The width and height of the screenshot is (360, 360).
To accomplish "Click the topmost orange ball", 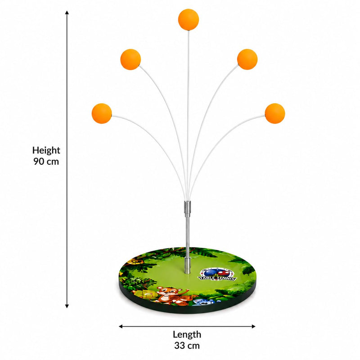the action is (189, 19).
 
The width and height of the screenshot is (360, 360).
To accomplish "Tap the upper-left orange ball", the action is (130, 59).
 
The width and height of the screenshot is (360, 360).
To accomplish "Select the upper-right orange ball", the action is (247, 59).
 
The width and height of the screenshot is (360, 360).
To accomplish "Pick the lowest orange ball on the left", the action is (102, 113).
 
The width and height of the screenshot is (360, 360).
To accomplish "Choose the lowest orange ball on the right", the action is (275, 113).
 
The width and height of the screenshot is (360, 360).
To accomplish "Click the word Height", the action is (46, 150).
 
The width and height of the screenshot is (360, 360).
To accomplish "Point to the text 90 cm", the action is (46, 162).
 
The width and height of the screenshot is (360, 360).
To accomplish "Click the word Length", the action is (187, 335).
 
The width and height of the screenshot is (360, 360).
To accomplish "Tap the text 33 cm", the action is (187, 346).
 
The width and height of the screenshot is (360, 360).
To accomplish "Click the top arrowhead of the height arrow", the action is (67, 13).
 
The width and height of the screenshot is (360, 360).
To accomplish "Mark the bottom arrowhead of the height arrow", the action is (67, 306).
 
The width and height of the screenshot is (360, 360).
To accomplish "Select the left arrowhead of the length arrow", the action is (121, 326).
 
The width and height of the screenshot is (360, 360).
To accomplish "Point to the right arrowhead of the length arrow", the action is (253, 326).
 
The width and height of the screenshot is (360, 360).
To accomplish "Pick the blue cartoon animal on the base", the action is (204, 302).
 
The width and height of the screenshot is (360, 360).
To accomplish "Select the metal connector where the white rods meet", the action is (187, 207).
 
